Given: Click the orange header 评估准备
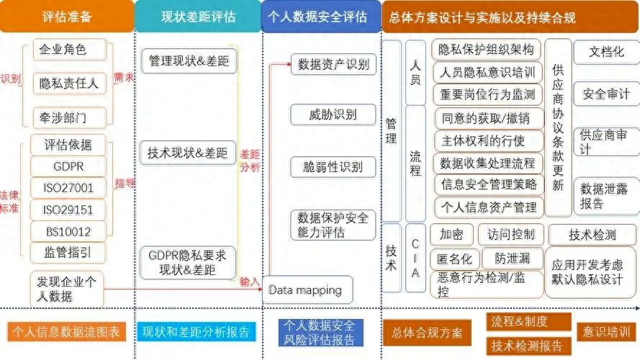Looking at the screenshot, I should (66, 17).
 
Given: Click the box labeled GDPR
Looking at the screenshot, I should (69, 166).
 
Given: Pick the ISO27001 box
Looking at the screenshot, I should (69, 188).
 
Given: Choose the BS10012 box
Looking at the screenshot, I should (69, 231).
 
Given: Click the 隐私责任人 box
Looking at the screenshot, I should (69, 84).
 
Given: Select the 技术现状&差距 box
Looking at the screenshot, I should (187, 152).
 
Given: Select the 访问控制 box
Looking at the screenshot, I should (510, 234).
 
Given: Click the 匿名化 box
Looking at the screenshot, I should (451, 258).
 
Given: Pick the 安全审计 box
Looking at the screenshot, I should (605, 94).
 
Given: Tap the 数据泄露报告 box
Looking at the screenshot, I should (605, 196).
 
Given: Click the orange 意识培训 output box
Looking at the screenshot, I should (606, 331).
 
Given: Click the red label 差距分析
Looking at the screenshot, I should (249, 160).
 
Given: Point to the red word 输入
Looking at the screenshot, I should (249, 282).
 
